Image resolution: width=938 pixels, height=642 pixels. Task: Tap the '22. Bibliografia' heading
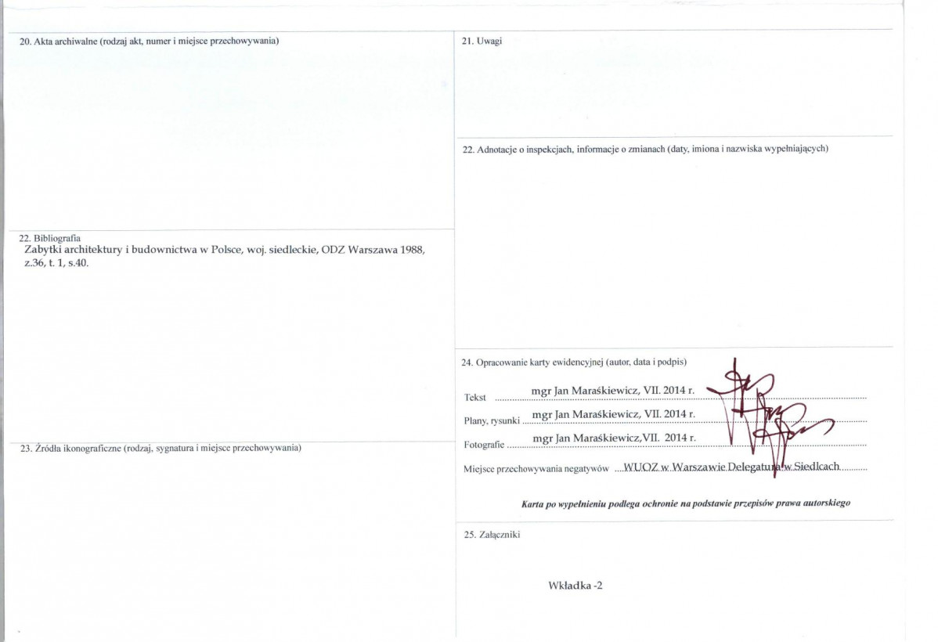50,238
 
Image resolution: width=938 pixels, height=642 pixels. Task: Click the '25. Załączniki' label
492,535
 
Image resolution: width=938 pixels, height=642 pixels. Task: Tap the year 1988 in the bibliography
412,250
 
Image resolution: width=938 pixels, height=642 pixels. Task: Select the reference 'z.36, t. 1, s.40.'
57,263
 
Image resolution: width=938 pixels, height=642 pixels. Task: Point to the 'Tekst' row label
475,398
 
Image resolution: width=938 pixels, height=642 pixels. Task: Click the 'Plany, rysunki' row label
492,421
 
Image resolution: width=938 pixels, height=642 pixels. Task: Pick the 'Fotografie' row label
484,445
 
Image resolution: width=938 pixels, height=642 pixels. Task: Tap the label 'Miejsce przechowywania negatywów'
536,469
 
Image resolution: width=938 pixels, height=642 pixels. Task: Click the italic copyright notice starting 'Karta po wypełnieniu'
686,503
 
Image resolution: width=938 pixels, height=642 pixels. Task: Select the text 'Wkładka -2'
575,586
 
